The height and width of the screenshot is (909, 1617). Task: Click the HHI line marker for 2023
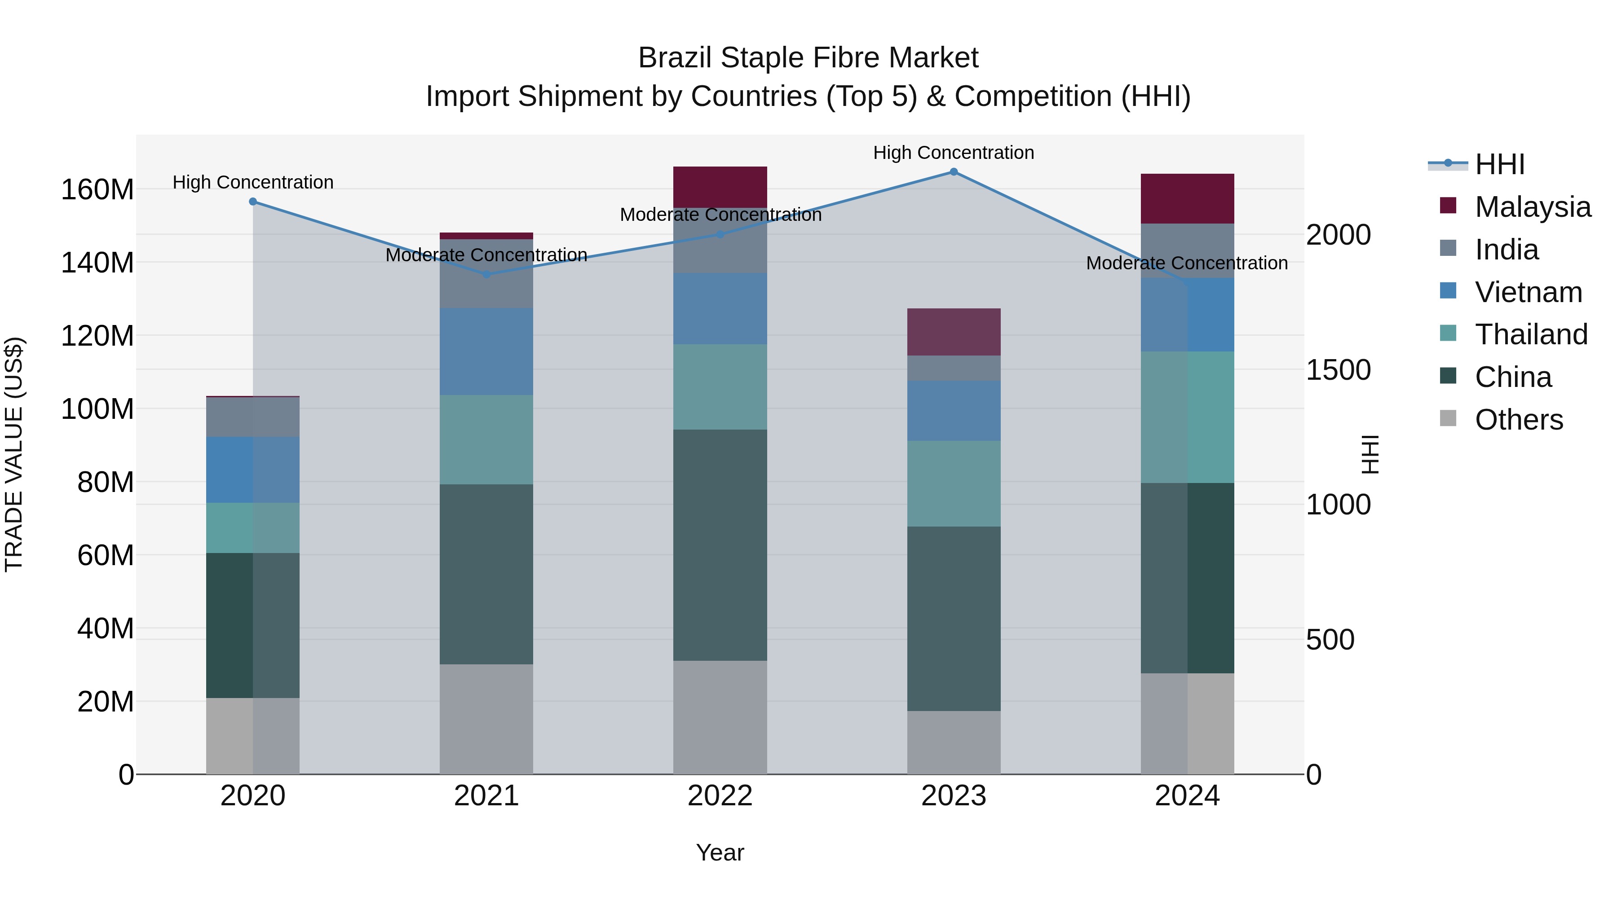tap(954, 172)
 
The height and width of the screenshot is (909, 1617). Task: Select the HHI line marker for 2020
tap(253, 202)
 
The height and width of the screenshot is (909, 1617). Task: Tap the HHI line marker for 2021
tap(486, 274)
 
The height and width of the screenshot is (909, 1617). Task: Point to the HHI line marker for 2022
tap(720, 235)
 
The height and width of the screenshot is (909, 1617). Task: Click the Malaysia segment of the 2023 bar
tap(954, 332)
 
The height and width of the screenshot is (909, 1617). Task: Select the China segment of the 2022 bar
tap(720, 545)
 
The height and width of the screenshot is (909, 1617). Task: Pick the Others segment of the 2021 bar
tap(486, 719)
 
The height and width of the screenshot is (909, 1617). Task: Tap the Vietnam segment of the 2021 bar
tap(486, 351)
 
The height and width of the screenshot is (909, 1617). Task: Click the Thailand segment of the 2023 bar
tap(954, 483)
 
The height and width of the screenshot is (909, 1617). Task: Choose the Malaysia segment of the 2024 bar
tap(1187, 198)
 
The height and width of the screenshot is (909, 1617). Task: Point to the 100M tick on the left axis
tap(97, 409)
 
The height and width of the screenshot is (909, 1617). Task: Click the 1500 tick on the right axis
tap(1339, 370)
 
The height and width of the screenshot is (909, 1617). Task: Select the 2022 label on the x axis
tap(720, 796)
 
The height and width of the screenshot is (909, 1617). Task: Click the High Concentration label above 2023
tap(954, 153)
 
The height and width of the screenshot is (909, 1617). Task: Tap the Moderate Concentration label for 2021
tap(486, 255)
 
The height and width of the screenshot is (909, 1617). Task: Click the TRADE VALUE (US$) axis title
tap(14, 454)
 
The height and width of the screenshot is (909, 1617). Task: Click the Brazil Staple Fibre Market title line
tap(808, 58)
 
